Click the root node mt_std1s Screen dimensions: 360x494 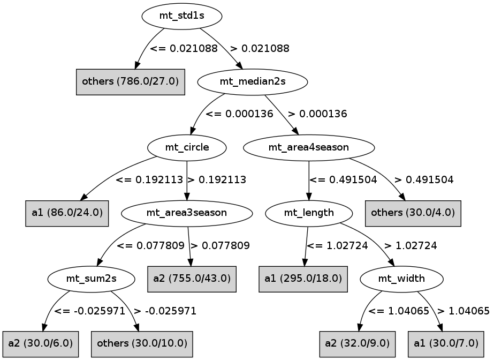point(181,16)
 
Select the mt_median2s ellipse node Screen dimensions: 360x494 point(253,82)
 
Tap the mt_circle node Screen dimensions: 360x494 point(187,147)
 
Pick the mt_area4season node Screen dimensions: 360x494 point(309,147)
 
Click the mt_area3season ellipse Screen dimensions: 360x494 point(187,213)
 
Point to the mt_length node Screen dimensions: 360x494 point(309,213)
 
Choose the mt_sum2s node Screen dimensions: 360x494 point(91,278)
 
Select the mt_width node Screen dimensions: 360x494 point(401,278)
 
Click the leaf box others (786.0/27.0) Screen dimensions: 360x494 point(130,82)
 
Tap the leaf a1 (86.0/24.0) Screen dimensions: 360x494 point(67,213)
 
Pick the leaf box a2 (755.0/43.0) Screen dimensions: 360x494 point(192,278)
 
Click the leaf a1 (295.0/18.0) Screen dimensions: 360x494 point(303,278)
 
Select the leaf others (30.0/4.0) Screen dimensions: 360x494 point(413,213)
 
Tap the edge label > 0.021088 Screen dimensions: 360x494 point(260,49)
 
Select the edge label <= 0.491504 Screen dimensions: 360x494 point(343,180)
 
